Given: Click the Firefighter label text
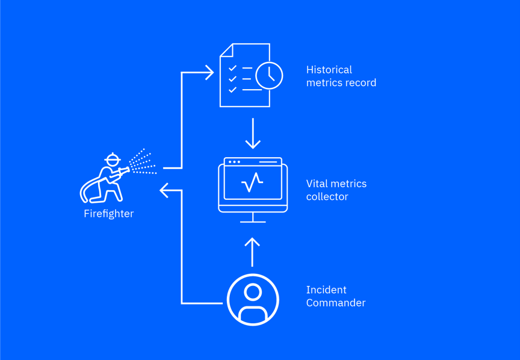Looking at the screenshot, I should (x=108, y=214).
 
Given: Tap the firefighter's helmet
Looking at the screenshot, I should (x=112, y=160).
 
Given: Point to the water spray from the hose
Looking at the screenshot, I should (x=143, y=162).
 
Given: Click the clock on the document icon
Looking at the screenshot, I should (x=269, y=76).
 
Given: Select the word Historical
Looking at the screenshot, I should (x=329, y=70).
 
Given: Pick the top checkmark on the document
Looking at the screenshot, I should (x=232, y=69).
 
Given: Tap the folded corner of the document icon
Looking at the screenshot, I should (x=226, y=50).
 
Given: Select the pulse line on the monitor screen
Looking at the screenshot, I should (x=252, y=182).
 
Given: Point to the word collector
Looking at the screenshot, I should (x=327, y=197).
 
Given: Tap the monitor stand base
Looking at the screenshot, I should (x=253, y=222).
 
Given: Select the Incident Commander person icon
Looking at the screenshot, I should (x=253, y=300).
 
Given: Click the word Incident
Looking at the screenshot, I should (x=326, y=290).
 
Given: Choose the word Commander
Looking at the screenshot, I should (x=336, y=303).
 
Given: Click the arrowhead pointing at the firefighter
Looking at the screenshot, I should (x=164, y=191).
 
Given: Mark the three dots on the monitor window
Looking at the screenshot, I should (x=234, y=162).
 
